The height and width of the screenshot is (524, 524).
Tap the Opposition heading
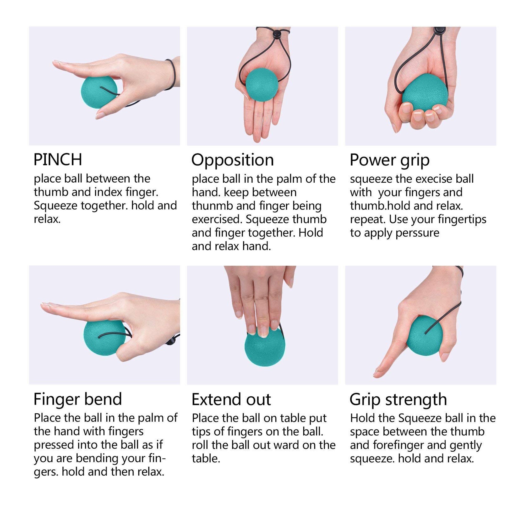(x=232, y=160)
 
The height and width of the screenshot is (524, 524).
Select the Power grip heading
(x=390, y=160)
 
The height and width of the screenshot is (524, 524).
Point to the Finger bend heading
(x=78, y=399)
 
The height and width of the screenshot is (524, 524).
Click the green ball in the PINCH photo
(x=99, y=92)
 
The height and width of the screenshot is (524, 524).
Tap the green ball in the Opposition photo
(x=262, y=85)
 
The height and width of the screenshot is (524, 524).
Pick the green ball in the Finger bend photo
(x=104, y=338)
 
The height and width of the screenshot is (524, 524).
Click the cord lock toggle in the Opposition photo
(x=276, y=34)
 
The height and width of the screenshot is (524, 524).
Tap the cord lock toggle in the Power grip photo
(x=440, y=30)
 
